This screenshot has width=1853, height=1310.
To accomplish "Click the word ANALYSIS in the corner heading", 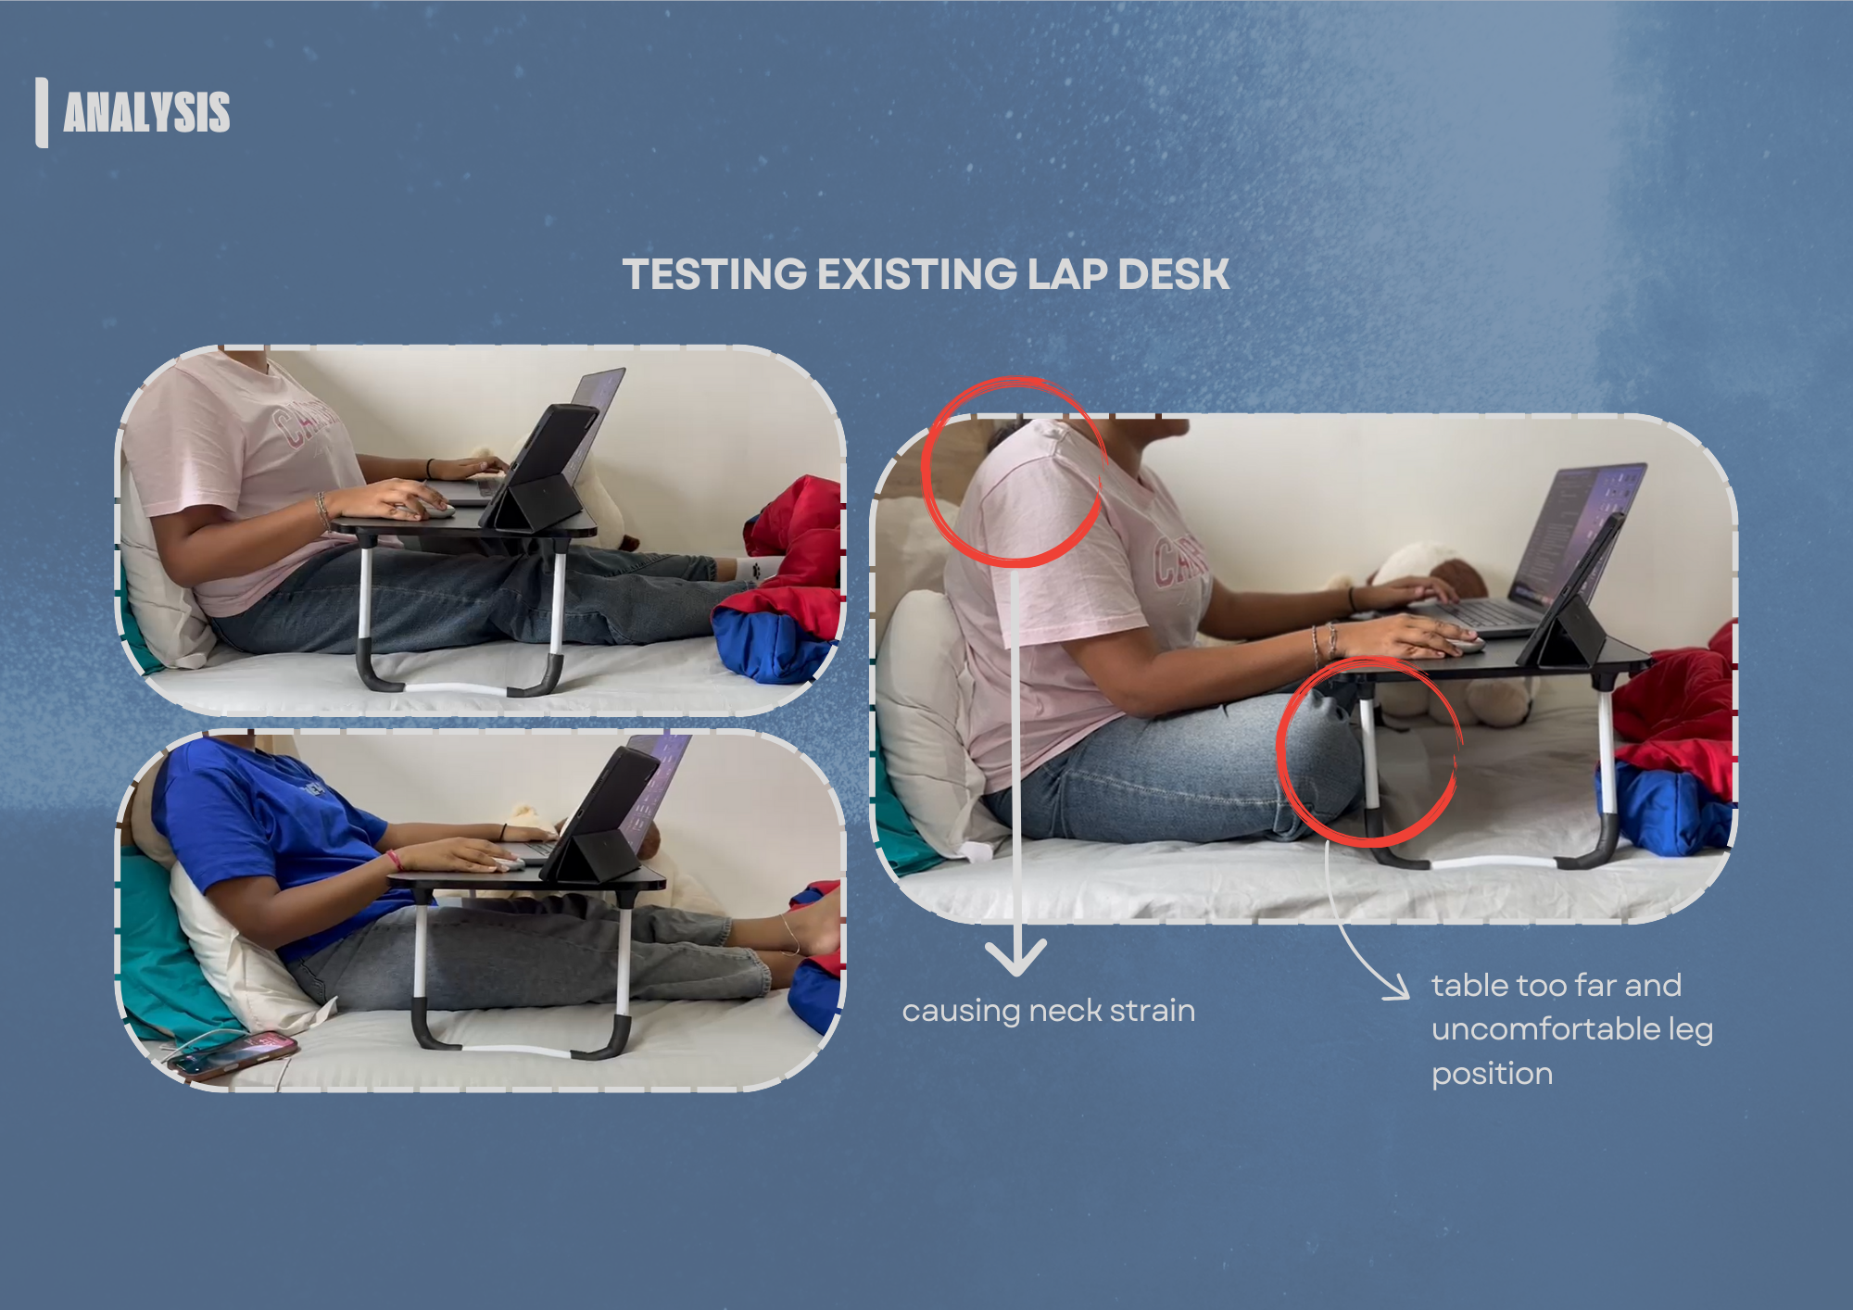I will coord(146,112).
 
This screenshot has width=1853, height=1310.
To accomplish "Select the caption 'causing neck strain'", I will coord(1048,1011).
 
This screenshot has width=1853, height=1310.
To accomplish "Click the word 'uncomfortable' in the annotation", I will coord(1545,1029).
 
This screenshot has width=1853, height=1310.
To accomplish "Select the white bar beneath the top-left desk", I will coord(454,688).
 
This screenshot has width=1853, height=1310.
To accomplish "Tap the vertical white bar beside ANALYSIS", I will coord(42,112).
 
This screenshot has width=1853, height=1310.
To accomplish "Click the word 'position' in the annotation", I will coord(1492,1074).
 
